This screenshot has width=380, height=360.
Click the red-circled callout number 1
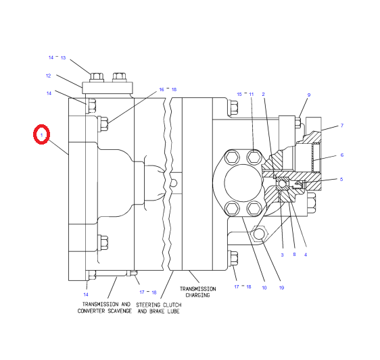pyautogui.click(x=42, y=135)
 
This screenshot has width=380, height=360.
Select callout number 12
pyautogui.click(x=49, y=76)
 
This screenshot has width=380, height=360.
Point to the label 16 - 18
pyautogui.click(x=168, y=89)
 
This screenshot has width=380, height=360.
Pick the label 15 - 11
pyautogui.click(x=245, y=94)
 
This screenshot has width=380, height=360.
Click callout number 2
pyautogui.click(x=264, y=94)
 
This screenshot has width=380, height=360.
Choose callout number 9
pyautogui.click(x=309, y=95)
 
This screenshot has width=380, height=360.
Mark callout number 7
pyautogui.click(x=342, y=126)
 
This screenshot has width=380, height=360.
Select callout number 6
pyautogui.click(x=342, y=155)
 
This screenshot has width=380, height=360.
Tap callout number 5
pyautogui.click(x=342, y=179)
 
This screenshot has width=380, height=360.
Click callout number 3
pyautogui.click(x=282, y=254)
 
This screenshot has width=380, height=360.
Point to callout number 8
pyautogui.click(x=294, y=254)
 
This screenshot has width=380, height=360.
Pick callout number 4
pyautogui.click(x=306, y=254)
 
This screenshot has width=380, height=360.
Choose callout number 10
pyautogui.click(x=264, y=288)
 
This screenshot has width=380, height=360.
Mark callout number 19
pyautogui.click(x=281, y=288)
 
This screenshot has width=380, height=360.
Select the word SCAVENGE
pyautogui.click(x=116, y=311)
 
